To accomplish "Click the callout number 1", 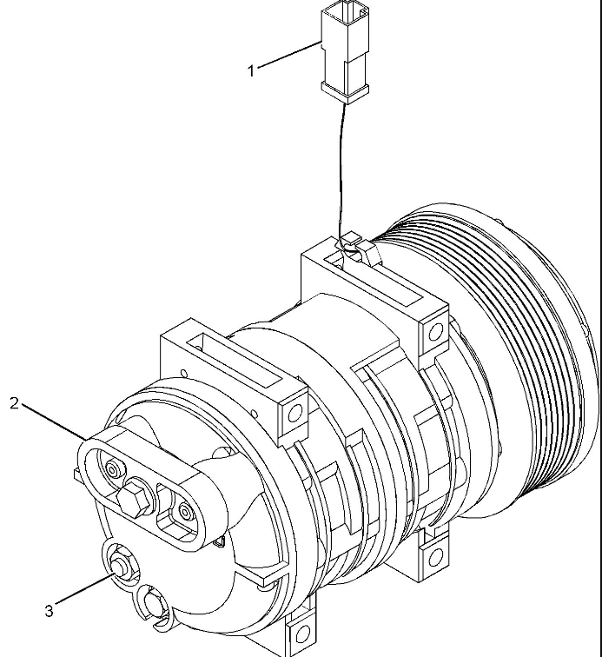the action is click(251, 70).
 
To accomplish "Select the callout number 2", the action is click(14, 403).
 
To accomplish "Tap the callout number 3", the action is click(49, 610).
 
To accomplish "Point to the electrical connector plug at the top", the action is click(345, 52).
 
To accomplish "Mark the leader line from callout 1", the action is click(290, 54).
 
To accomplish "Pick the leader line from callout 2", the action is click(54, 421).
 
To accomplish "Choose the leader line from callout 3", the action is click(84, 590).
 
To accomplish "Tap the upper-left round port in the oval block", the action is click(113, 469).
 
